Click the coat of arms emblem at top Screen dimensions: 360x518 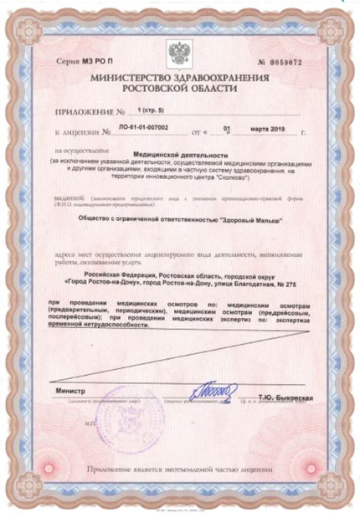click(179, 54)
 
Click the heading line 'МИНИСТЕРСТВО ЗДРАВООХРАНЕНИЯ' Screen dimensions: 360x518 click(179, 76)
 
